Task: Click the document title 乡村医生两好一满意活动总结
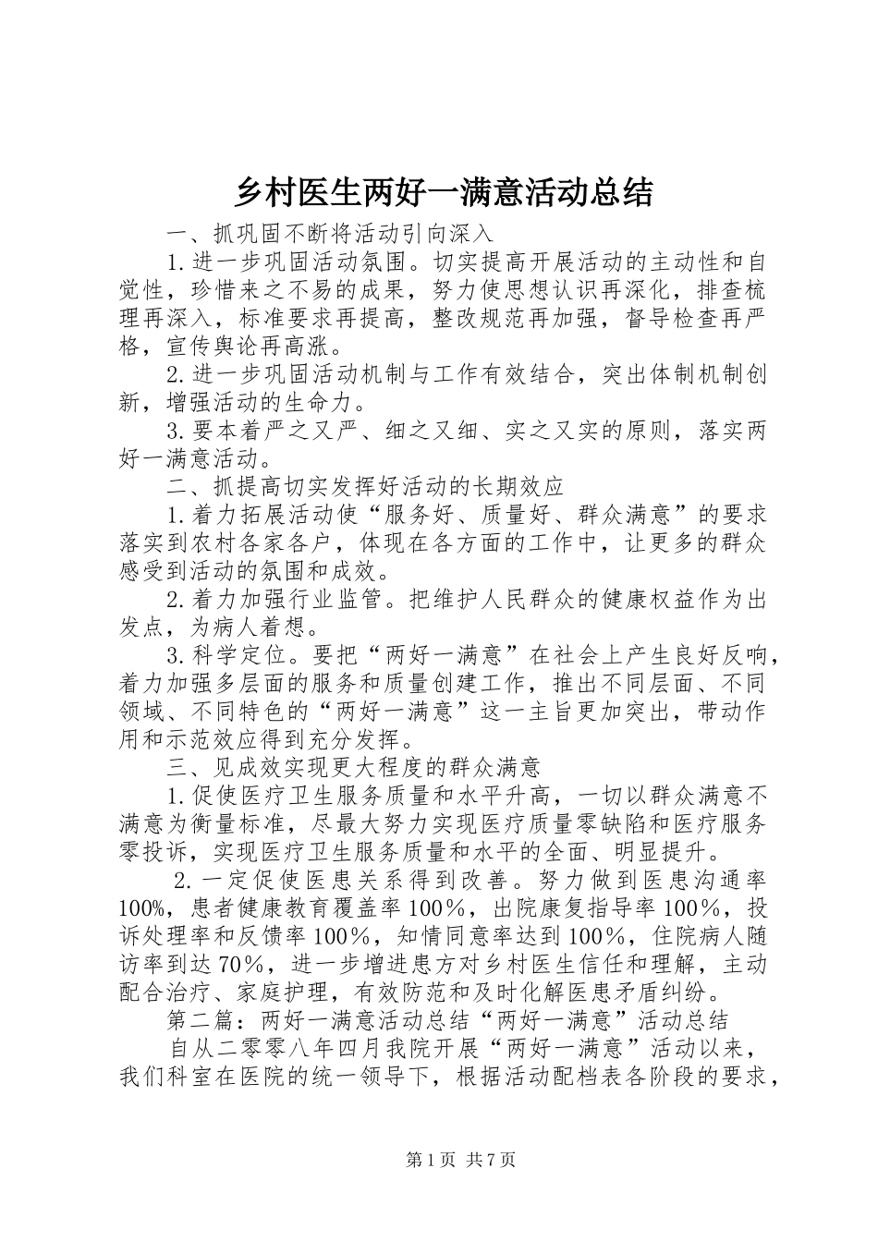point(444,192)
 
